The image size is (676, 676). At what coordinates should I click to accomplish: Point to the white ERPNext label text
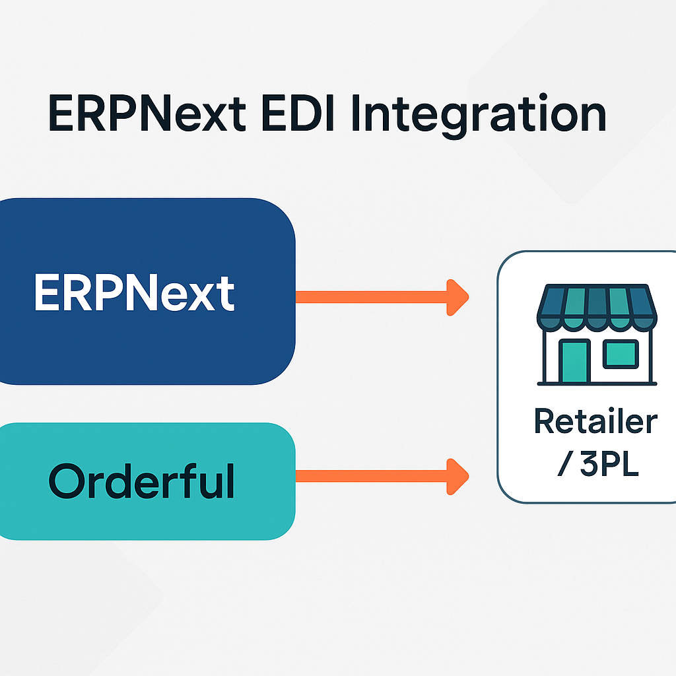pos(135,292)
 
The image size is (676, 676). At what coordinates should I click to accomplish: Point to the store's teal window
pos(621,353)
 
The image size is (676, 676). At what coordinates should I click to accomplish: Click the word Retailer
pos(595,422)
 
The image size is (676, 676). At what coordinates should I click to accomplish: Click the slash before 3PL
pos(563,465)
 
